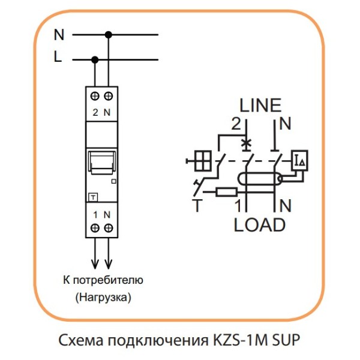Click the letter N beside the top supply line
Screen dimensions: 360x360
(x=59, y=35)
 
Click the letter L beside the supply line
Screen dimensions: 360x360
(x=58, y=59)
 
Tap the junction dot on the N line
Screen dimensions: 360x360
(x=109, y=35)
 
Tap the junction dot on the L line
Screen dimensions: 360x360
(x=95, y=59)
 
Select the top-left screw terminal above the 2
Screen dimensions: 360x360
(x=95, y=96)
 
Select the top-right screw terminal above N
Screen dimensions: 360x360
(x=109, y=96)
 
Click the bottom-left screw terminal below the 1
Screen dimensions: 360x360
(x=95, y=227)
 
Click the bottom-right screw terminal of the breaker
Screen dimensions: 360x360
(x=109, y=227)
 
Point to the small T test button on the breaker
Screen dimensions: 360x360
(x=94, y=197)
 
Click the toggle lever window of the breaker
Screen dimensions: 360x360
(x=101, y=161)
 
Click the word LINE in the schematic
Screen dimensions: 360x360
(x=260, y=106)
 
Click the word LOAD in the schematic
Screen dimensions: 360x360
(x=259, y=225)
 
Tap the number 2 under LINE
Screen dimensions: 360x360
(x=236, y=124)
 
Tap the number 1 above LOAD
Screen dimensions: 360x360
(x=238, y=206)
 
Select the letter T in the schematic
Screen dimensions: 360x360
(x=196, y=206)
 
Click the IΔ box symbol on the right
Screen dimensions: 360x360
(x=299, y=160)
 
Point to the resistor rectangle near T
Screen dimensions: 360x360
(x=226, y=193)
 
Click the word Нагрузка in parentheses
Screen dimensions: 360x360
(x=103, y=296)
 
